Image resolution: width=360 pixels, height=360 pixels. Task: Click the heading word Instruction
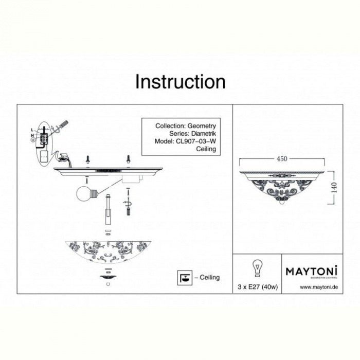tap(180, 82)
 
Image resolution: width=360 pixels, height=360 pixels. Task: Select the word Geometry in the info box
tap(202, 126)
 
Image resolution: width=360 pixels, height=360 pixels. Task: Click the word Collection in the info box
tap(170, 126)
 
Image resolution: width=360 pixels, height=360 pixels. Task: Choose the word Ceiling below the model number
tap(206, 149)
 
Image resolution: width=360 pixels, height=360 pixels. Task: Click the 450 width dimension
tap(282, 159)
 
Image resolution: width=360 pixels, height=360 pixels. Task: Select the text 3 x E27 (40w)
tap(257, 287)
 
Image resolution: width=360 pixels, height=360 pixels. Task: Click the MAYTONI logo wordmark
tap(311, 270)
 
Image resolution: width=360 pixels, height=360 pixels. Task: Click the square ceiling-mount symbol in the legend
tap(183, 276)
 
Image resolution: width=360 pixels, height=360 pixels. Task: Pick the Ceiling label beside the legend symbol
tap(208, 277)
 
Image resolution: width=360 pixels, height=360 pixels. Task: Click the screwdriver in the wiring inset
tap(62, 125)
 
